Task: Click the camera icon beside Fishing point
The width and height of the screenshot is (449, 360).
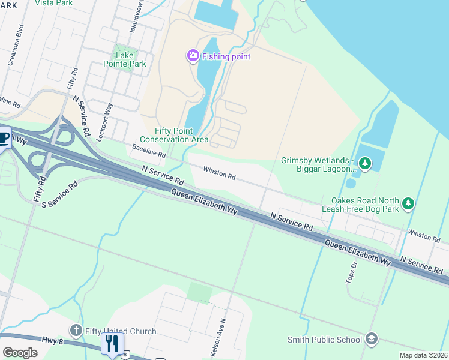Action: [x=193, y=56]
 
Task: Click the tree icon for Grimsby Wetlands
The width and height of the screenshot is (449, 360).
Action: [x=364, y=163]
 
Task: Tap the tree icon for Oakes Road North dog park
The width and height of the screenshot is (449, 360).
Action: [x=408, y=204]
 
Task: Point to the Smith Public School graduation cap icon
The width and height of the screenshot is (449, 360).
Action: [x=372, y=340]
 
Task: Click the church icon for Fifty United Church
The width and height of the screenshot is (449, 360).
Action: [x=76, y=331]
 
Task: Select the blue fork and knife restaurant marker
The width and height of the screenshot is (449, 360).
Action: [x=112, y=344]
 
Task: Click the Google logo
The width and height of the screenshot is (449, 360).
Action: [x=20, y=352]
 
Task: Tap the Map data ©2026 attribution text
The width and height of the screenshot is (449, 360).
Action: [x=423, y=355]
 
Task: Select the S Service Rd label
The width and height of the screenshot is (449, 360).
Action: [x=60, y=195]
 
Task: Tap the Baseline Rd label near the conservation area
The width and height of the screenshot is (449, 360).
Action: [x=149, y=151]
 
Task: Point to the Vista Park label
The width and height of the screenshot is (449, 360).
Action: [x=54, y=3]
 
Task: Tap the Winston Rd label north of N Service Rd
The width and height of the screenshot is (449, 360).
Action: [x=219, y=173]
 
